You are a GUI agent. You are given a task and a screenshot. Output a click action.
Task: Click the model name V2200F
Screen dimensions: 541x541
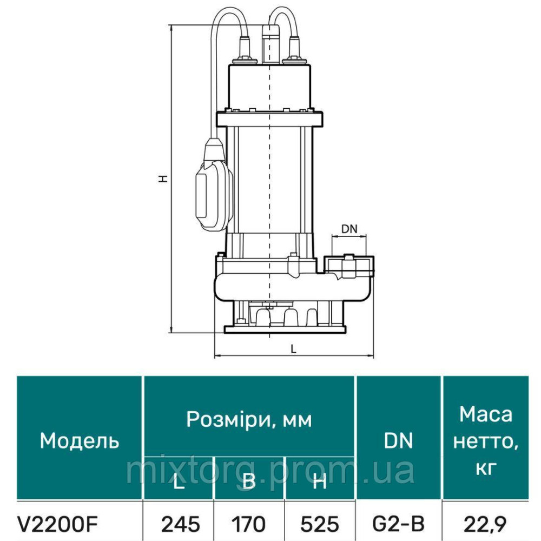(60, 523)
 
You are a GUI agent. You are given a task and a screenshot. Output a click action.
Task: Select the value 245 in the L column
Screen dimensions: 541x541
(181, 523)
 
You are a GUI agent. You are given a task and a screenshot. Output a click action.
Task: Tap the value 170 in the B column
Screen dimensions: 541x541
(248, 523)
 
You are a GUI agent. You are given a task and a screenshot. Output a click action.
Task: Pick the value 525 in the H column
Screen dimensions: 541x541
(320, 523)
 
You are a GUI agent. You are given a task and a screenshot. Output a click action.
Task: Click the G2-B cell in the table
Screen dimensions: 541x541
(399, 523)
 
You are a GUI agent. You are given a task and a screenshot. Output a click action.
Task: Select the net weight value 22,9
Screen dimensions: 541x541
(485, 523)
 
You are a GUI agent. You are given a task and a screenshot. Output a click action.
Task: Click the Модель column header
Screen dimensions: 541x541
(80, 441)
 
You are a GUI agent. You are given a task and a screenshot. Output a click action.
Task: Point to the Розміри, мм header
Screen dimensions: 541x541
(249, 419)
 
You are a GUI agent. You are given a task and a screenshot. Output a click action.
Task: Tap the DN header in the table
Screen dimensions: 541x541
(399, 441)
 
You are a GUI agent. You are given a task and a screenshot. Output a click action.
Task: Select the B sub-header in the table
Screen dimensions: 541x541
(248, 481)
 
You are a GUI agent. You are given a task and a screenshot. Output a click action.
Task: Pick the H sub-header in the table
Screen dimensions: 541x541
(320, 481)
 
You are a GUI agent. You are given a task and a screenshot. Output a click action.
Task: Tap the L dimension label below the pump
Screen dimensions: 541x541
(293, 349)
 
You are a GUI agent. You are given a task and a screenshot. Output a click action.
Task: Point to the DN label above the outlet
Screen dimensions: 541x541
(349, 229)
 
